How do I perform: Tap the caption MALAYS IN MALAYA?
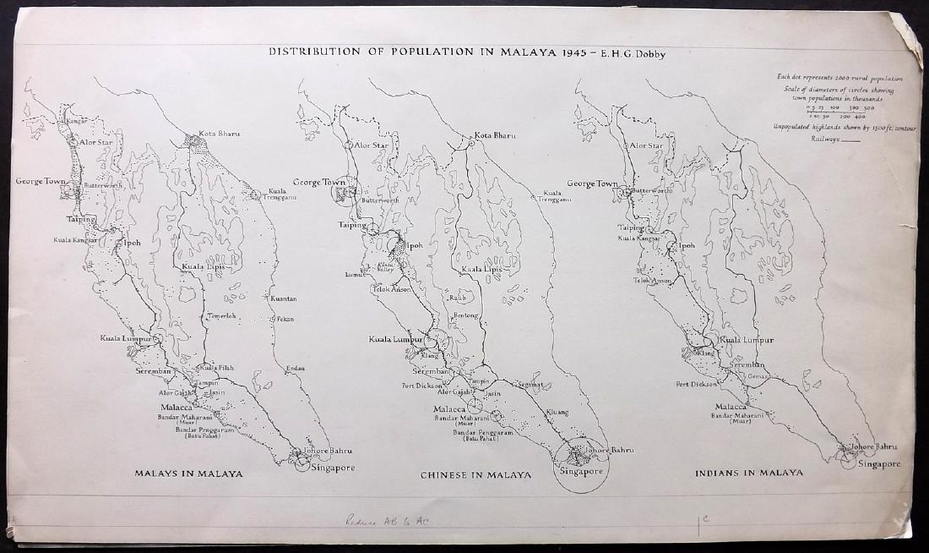click(188, 474)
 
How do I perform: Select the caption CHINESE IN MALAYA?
click(475, 475)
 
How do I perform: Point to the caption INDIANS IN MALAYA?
click(748, 472)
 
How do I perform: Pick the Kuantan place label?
click(282, 298)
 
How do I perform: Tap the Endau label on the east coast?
click(295, 369)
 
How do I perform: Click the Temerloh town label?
click(223, 316)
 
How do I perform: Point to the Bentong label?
click(465, 315)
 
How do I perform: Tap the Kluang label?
click(557, 413)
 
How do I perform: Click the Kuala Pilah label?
click(214, 368)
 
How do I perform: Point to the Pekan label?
click(285, 319)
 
